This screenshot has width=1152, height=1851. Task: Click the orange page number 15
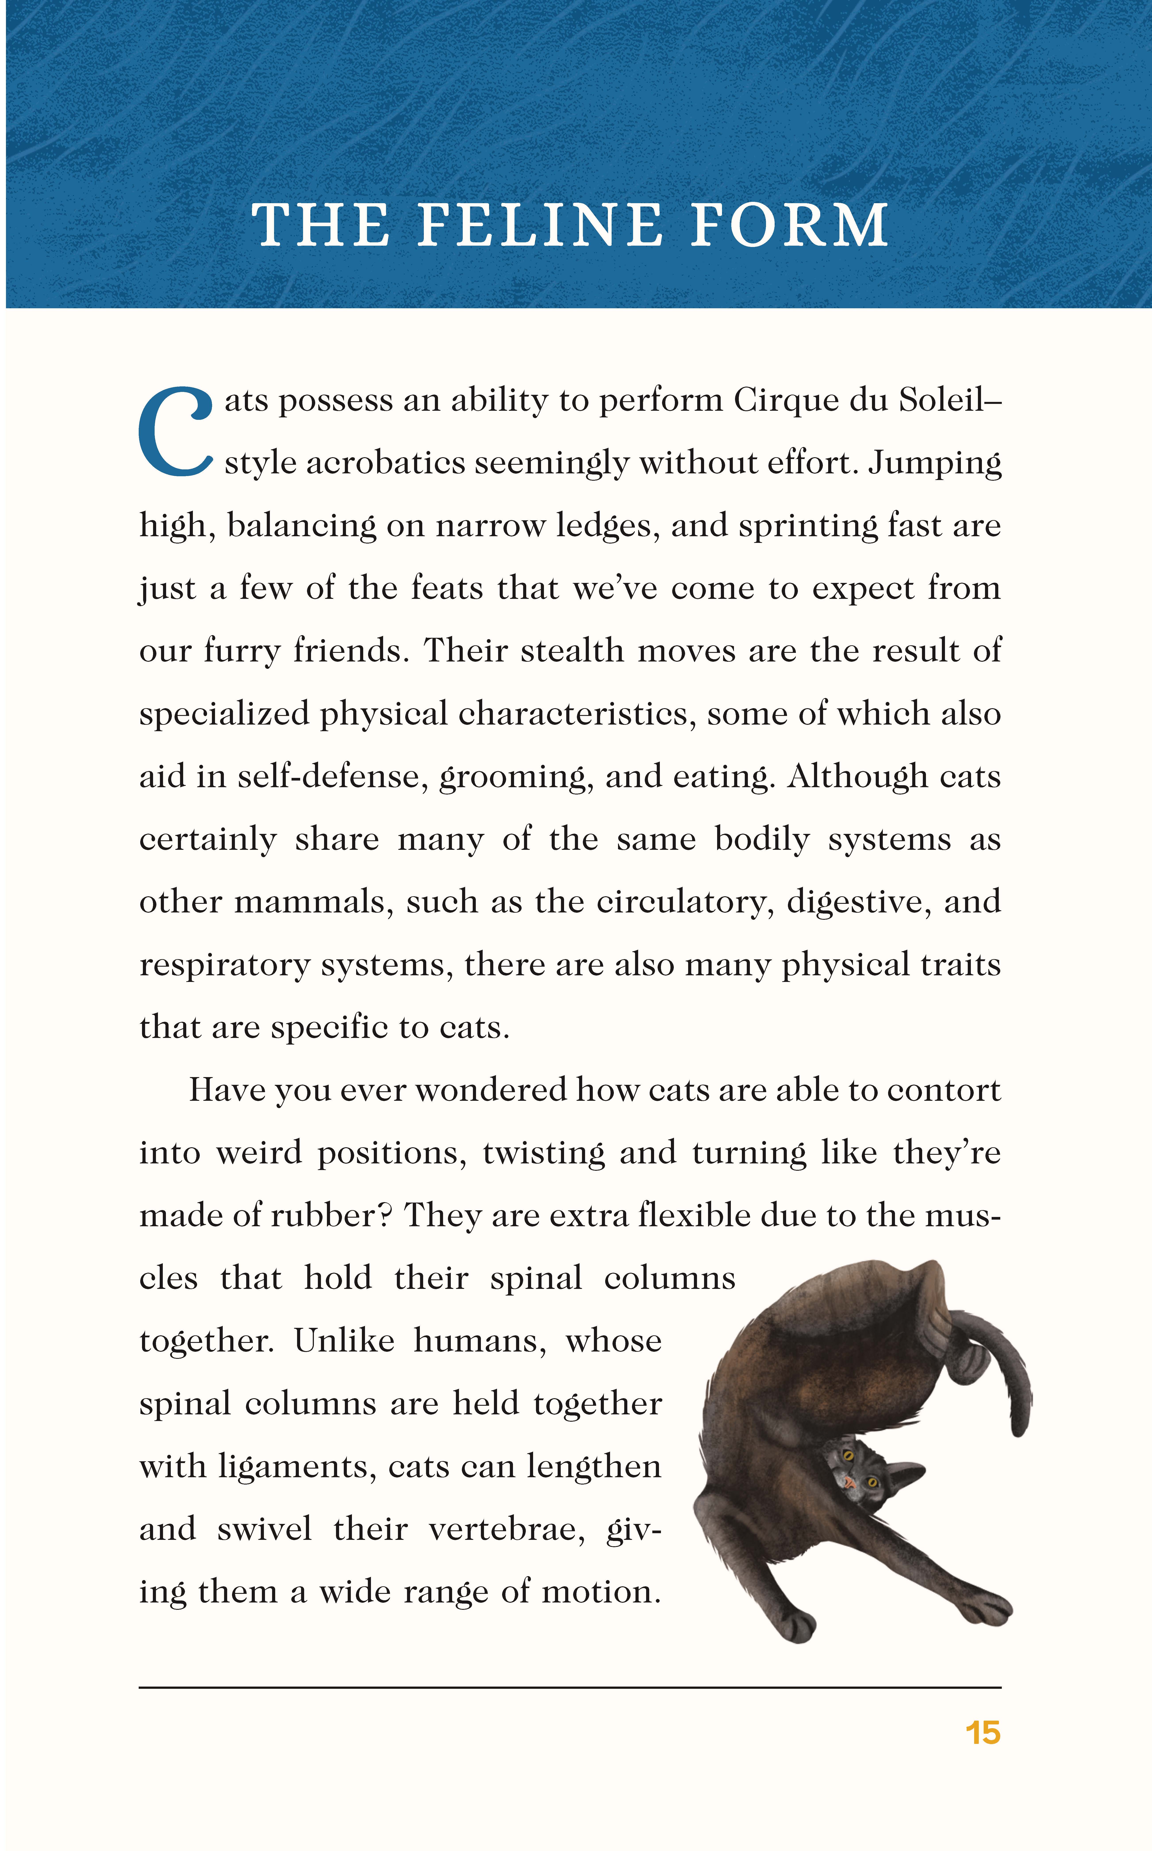point(982,1733)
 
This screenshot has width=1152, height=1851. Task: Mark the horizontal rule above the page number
point(570,1687)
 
